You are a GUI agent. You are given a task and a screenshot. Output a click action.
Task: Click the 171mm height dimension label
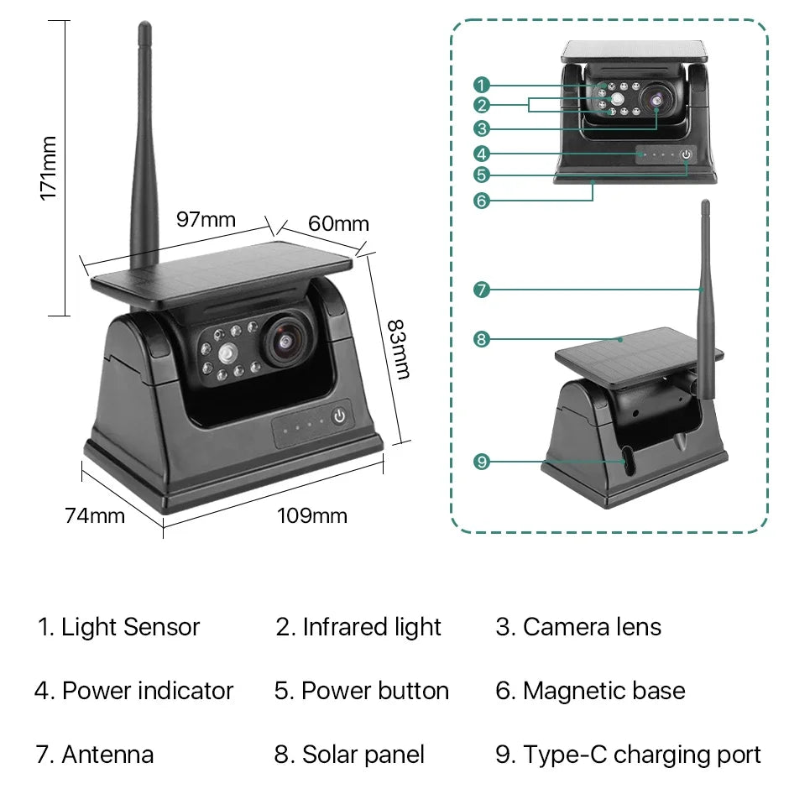point(49,168)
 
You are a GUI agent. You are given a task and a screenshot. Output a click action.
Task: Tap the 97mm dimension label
point(206,220)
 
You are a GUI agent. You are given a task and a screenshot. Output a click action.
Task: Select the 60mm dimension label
point(338,223)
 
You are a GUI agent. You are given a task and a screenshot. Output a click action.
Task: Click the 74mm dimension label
point(95,515)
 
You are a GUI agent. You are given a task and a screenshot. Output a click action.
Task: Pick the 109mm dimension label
point(312,515)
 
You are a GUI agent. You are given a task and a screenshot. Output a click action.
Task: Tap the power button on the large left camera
point(339,416)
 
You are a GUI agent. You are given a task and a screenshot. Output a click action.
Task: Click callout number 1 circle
point(481,85)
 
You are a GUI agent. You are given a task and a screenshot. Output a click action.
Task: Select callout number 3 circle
point(481,129)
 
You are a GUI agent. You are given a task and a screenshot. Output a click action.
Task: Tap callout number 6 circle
point(481,201)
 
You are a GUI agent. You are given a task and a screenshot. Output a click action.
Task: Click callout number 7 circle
point(481,290)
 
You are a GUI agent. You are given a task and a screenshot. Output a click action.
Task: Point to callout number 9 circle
point(481,461)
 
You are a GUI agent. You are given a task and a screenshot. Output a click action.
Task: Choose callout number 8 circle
point(481,339)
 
